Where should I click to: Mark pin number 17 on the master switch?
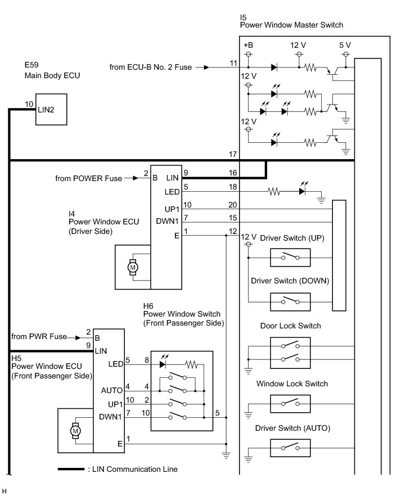pyautogui.click(x=233, y=154)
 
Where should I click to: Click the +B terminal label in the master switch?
pyautogui.click(x=248, y=45)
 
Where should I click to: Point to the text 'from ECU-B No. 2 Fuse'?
pyautogui.click(x=151, y=67)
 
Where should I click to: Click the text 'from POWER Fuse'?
pyautogui.click(x=88, y=178)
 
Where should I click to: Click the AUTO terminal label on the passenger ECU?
pyautogui.click(x=112, y=390)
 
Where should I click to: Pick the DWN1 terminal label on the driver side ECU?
pyautogui.click(x=168, y=221)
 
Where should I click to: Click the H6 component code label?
pyautogui.click(x=149, y=306)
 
